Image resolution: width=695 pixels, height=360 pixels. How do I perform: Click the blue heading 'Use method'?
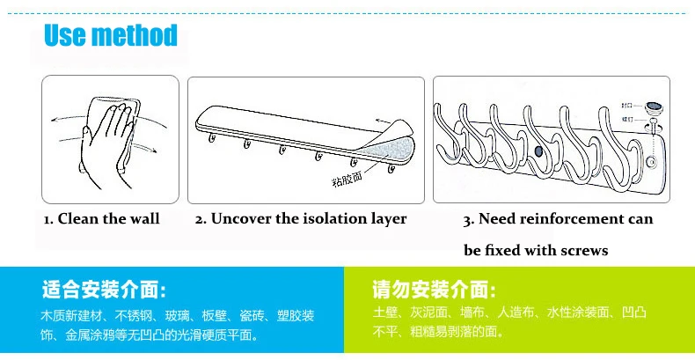[111, 36]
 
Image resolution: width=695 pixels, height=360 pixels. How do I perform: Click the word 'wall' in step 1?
[143, 218]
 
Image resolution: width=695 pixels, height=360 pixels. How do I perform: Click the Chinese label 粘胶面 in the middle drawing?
[347, 181]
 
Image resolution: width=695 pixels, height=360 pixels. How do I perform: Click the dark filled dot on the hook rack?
[538, 152]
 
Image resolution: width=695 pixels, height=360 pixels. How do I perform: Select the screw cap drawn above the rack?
[655, 109]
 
